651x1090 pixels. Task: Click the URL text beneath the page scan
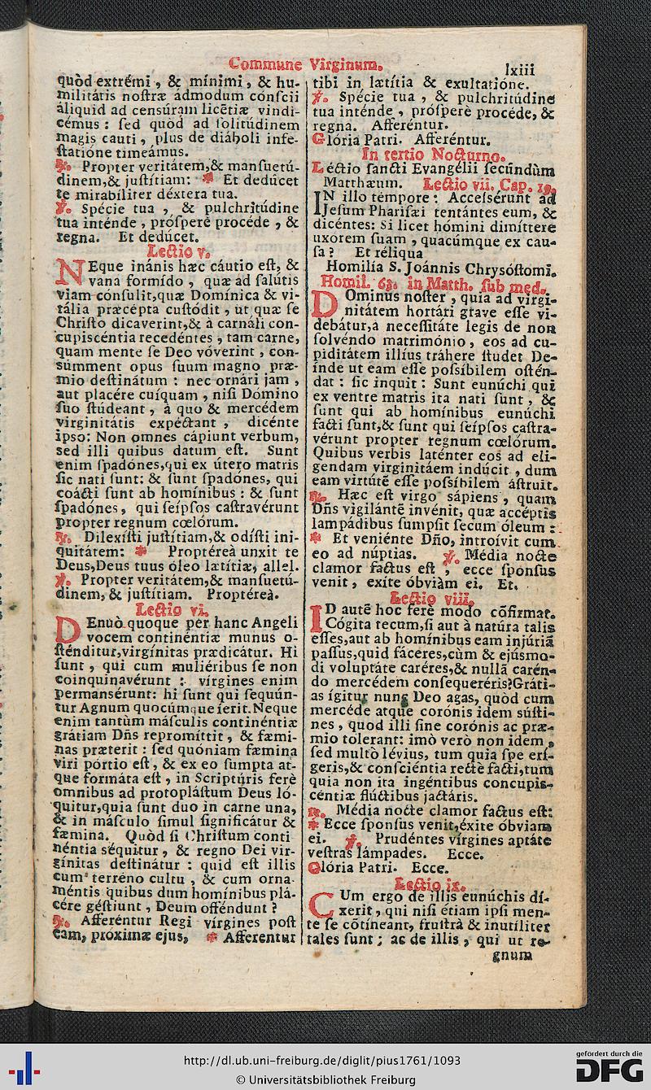click(x=322, y=1060)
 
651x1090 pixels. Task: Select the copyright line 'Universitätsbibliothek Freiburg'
click(x=325, y=1079)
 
